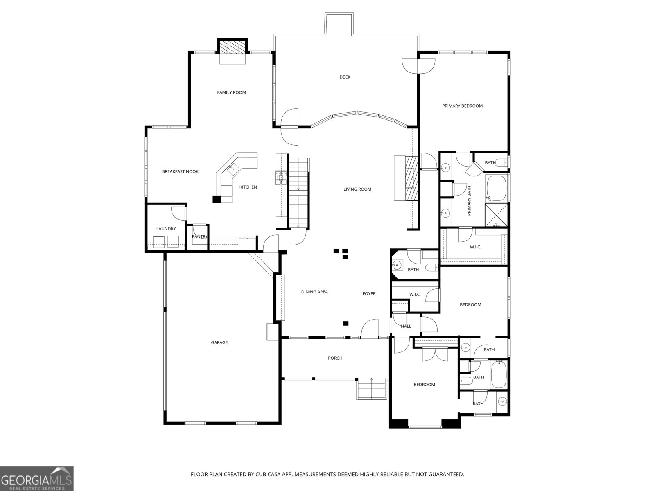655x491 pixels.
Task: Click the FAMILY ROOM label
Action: coord(231,92)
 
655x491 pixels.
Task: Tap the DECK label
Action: coord(345,77)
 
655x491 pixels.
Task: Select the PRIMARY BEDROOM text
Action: coord(462,106)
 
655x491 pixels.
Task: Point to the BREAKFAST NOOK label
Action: coord(180,171)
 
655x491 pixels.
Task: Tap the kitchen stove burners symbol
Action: coord(281,177)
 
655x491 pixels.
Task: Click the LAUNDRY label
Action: coord(166,229)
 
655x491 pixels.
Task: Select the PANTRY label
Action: coord(200,236)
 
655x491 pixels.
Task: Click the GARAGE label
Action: coord(219,342)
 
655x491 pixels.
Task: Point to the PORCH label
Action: coord(335,358)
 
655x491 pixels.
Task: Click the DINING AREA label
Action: coord(314,292)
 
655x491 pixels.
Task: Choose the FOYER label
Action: coord(369,293)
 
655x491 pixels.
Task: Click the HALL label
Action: coord(406,326)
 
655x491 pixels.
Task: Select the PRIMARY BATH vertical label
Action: coord(469,200)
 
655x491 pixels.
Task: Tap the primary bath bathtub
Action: coord(496,188)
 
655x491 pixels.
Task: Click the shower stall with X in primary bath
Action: coord(496,215)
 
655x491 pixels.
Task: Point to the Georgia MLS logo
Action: coord(37,478)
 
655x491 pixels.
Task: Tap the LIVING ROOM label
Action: coord(357,189)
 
